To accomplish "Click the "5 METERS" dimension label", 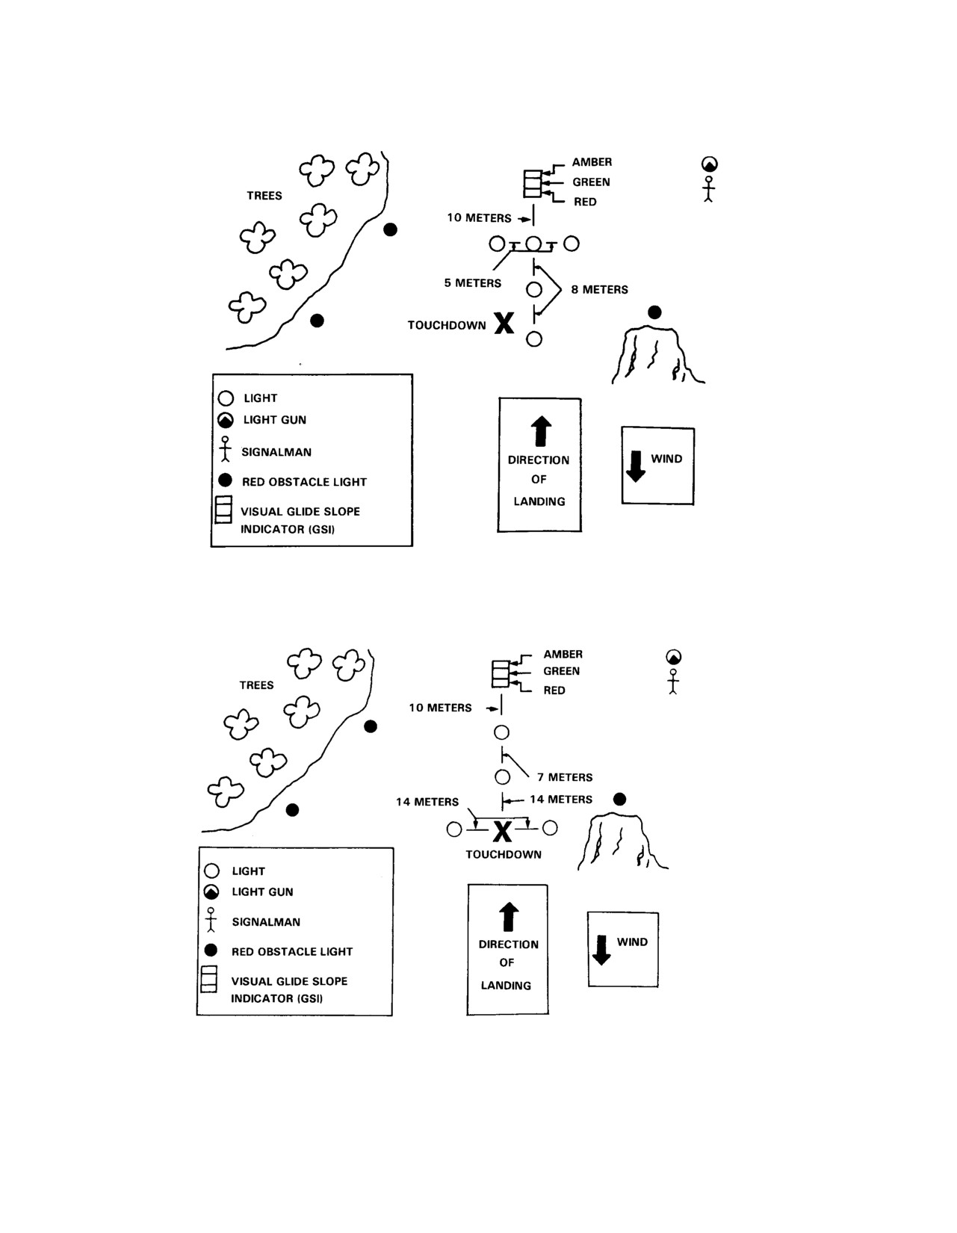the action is pos(473,283).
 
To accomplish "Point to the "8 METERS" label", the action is pos(600,289).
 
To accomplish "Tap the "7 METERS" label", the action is pos(565,777).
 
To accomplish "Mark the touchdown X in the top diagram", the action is pos(504,324).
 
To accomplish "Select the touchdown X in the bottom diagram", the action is pos(502,832).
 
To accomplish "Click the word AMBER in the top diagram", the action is pos(592,162).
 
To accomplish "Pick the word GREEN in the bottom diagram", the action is pos(562,671).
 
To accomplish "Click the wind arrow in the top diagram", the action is pos(636,466).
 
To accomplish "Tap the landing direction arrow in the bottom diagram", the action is pos(509,916).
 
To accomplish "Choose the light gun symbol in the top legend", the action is pos(225,420).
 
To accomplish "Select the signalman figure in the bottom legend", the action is pos(211,920).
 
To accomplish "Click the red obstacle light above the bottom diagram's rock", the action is pos(619,800).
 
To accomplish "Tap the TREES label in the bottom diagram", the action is pos(256,685).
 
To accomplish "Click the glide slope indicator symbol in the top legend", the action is pos(223,510).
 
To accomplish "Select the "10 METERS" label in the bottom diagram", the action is pos(440,708).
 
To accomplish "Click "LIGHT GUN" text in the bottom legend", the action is pos(263,892).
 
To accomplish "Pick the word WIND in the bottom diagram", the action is pos(632,942).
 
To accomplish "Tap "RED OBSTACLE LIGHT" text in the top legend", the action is pos(304,482).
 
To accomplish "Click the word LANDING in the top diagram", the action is pos(539,501).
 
